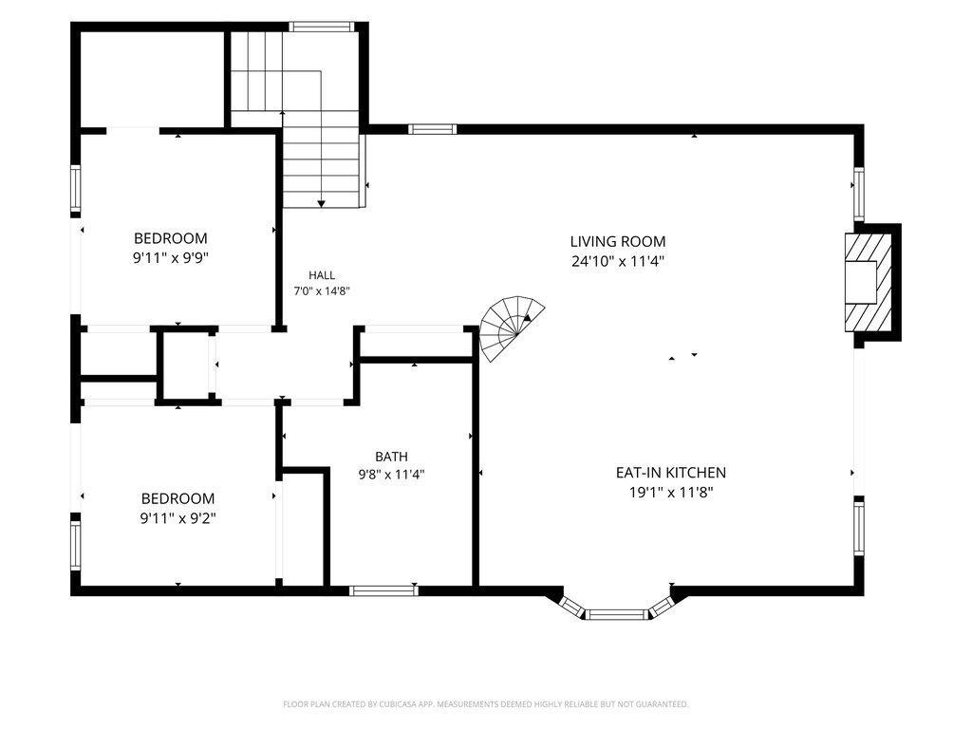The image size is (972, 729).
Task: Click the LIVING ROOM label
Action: tap(617, 241)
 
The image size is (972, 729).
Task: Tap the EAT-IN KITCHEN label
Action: tap(671, 473)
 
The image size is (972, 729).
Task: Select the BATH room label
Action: tap(391, 457)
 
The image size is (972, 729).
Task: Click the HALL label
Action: tap(322, 275)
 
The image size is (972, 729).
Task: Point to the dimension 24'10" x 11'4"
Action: tap(618, 261)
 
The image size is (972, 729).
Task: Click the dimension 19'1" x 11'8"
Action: tap(671, 493)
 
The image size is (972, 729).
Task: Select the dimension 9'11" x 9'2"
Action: tap(178, 518)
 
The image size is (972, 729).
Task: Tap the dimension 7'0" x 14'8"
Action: tap(322, 290)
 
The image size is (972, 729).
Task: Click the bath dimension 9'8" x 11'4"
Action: tap(391, 476)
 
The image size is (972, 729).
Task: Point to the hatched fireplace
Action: tap(869, 282)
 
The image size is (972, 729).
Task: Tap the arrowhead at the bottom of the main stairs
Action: tap(321, 203)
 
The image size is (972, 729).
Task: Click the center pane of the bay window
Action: tap(617, 615)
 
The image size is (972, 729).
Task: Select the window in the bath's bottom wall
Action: tap(383, 590)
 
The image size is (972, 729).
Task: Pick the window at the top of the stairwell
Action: tap(322, 27)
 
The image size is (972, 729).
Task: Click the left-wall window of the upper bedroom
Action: tap(75, 189)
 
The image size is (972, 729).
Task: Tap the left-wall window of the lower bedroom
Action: tap(75, 546)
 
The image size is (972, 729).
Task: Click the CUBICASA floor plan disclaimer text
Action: tap(485, 704)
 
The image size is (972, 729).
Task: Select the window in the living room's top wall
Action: tap(432, 129)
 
